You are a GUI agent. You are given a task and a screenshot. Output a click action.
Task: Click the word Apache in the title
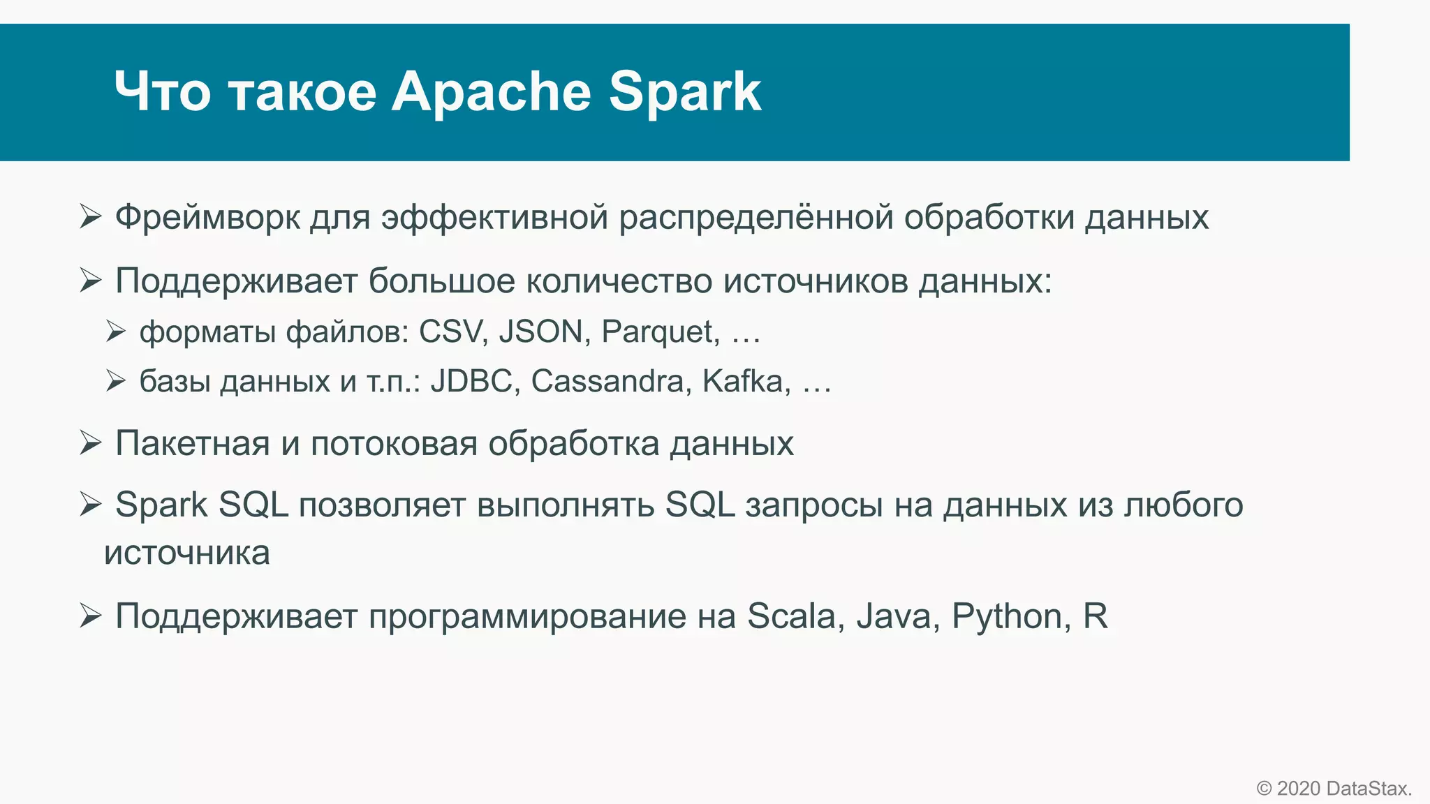(491, 91)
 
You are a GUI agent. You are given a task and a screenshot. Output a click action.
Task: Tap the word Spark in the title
(684, 91)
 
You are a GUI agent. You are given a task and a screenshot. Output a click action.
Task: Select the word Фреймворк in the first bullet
(207, 217)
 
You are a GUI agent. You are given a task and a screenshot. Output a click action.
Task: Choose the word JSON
(540, 332)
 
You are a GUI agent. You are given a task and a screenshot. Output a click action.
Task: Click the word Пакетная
(192, 443)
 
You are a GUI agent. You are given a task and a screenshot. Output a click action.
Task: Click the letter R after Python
(1095, 616)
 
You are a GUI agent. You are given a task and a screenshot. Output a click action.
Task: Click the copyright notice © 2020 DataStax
(1334, 789)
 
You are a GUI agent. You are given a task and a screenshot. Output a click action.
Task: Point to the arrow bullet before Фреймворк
(91, 216)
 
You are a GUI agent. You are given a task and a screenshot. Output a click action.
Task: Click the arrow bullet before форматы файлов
(116, 331)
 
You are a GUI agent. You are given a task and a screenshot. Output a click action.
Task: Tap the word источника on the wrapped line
(187, 553)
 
